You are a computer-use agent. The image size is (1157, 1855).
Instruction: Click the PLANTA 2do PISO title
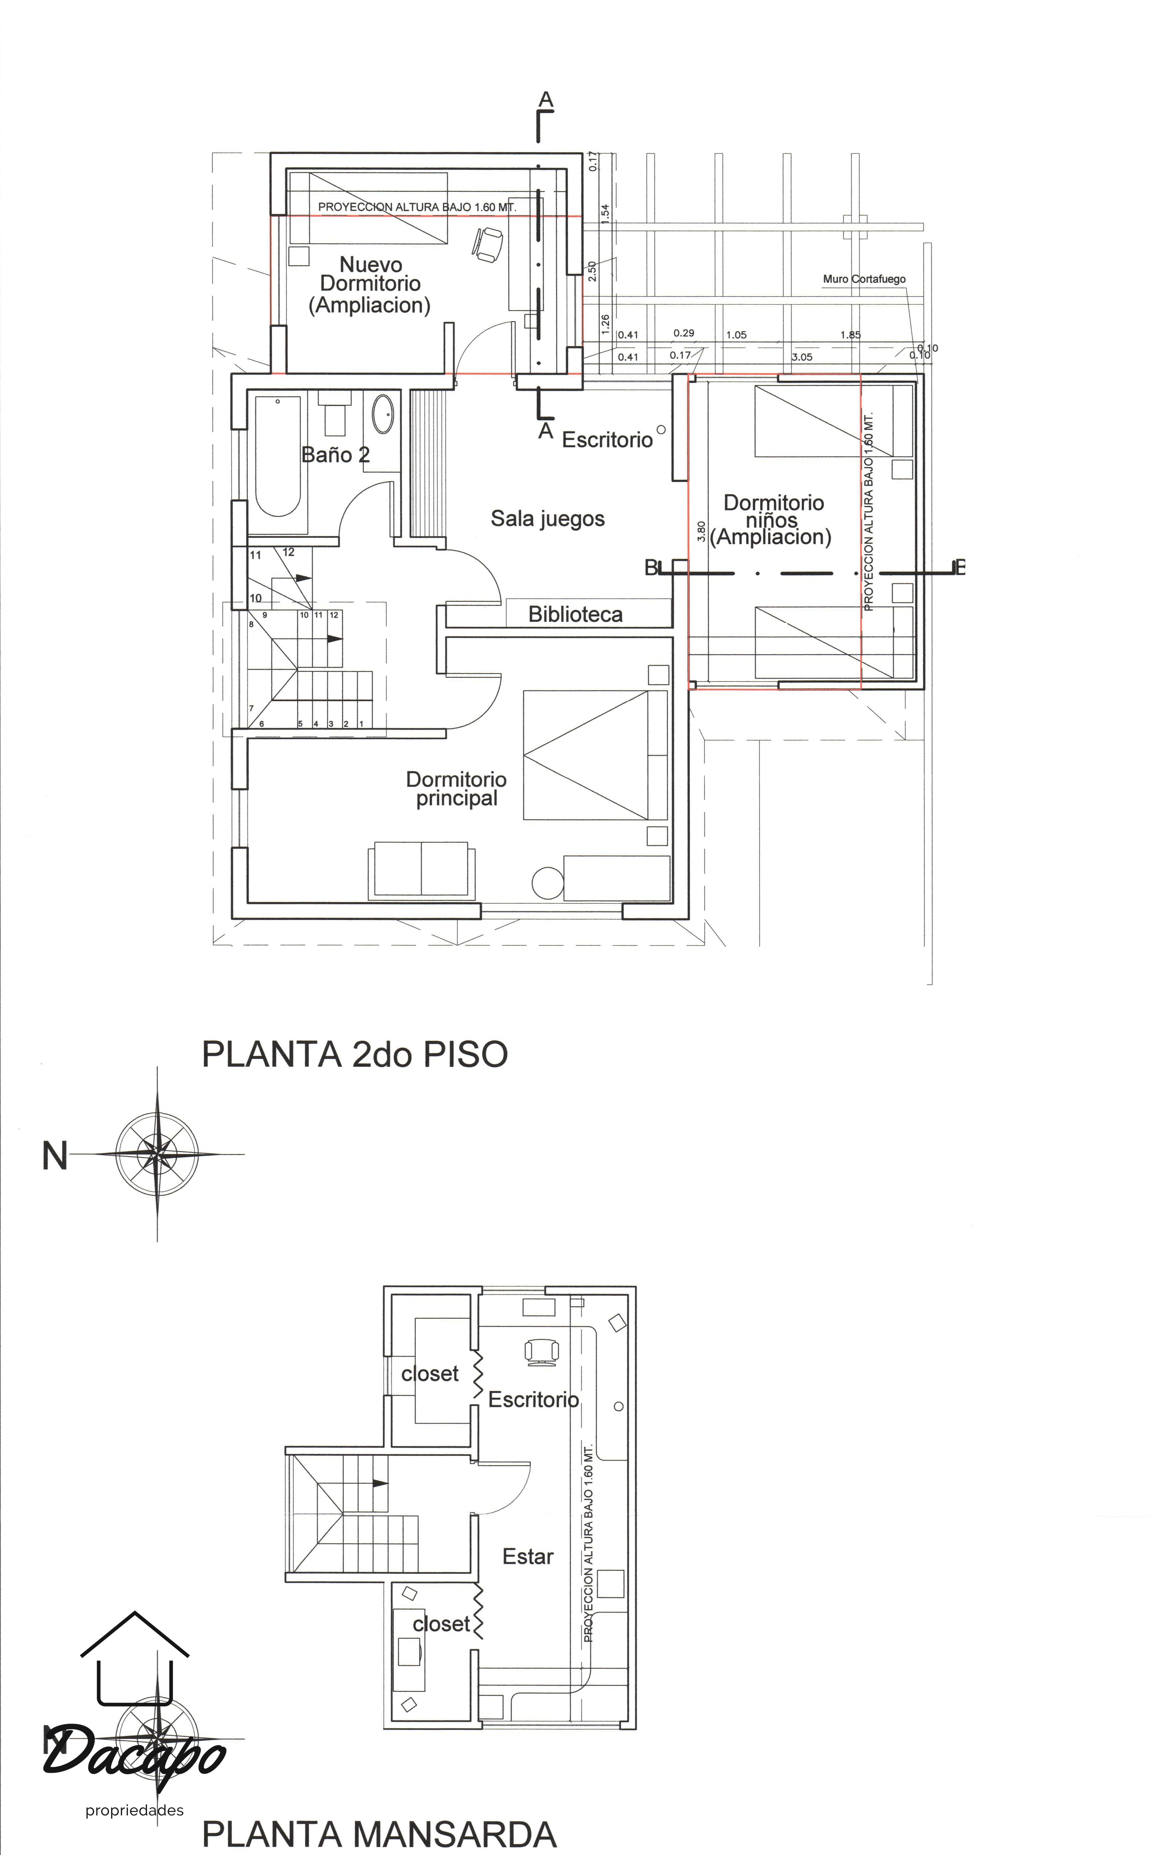pyautogui.click(x=354, y=1054)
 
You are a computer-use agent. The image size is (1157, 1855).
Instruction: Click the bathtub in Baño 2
pyautogui.click(x=277, y=459)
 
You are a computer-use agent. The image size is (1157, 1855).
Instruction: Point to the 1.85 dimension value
pyautogui.click(x=850, y=335)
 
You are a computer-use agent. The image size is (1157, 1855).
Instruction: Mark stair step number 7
pyautogui.click(x=251, y=708)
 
